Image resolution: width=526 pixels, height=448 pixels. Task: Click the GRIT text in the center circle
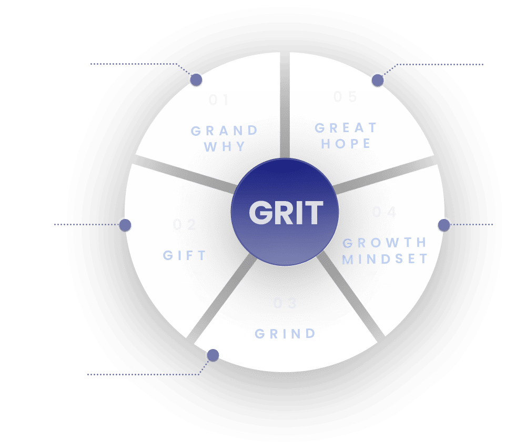coord(285,213)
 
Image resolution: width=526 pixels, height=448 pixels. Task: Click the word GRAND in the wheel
coord(225,131)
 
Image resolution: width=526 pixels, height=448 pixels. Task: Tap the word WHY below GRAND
coord(225,147)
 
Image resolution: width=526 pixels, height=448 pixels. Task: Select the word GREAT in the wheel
coord(347,128)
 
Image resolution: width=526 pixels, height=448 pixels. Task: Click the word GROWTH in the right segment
coord(385,243)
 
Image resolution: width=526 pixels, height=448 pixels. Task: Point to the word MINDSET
coord(386,258)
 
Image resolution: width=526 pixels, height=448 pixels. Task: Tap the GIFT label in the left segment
coord(185,255)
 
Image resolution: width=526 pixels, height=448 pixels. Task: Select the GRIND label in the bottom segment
coord(285,334)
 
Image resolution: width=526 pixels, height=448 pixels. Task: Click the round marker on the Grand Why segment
coord(196,79)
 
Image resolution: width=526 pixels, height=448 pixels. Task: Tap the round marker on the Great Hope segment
coord(378,80)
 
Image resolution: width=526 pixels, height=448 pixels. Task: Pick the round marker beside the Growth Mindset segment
coord(444,225)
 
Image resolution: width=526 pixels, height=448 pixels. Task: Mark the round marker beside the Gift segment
coord(125,225)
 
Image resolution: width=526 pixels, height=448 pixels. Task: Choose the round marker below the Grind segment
coord(213,355)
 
